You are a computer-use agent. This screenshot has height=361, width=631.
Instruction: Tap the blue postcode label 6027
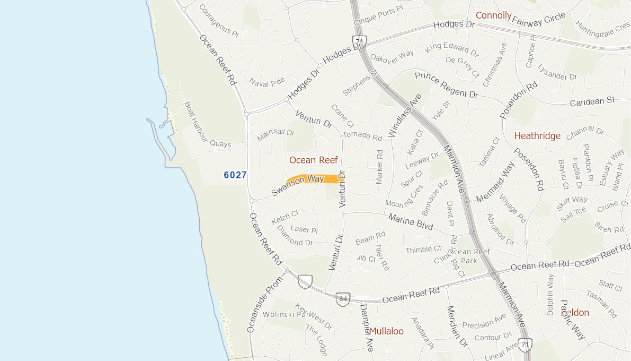click(x=235, y=175)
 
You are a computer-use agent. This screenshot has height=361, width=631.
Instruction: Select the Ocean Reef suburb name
click(x=314, y=160)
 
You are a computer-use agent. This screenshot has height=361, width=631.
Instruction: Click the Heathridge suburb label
click(x=537, y=136)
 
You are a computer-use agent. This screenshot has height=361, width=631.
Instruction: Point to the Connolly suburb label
click(x=493, y=15)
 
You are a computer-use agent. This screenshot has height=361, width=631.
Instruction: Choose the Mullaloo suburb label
click(x=386, y=331)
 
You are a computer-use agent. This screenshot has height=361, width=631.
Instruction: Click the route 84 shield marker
click(x=343, y=299)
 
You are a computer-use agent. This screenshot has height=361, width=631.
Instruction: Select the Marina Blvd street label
click(x=411, y=221)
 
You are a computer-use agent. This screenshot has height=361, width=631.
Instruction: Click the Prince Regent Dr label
click(x=446, y=85)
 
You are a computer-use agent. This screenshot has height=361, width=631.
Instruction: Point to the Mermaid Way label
click(x=495, y=183)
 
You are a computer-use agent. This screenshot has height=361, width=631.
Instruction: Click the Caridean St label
click(x=592, y=101)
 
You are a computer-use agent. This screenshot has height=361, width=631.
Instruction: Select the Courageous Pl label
click(x=219, y=20)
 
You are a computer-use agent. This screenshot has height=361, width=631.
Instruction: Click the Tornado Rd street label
click(x=362, y=136)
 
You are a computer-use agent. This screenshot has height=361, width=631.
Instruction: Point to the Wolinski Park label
click(x=289, y=314)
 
